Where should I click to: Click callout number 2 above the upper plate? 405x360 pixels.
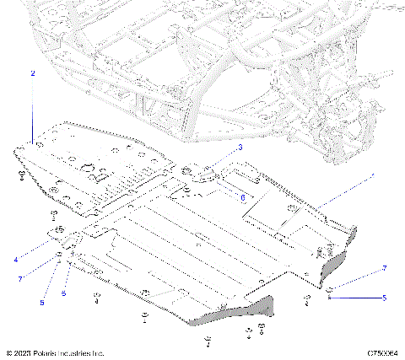click(x=32, y=74)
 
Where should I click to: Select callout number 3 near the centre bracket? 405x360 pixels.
click(x=240, y=148)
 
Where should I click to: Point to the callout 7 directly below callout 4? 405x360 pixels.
click(x=19, y=277)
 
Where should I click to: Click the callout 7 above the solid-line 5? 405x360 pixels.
click(x=384, y=268)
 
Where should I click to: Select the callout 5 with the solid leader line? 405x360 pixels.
click(x=384, y=298)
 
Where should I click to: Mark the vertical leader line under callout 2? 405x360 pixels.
click(x=32, y=110)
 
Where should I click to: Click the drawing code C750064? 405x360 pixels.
click(x=381, y=352)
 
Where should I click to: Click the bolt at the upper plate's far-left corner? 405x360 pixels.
click(x=19, y=175)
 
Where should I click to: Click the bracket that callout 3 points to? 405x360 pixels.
click(x=201, y=175)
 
